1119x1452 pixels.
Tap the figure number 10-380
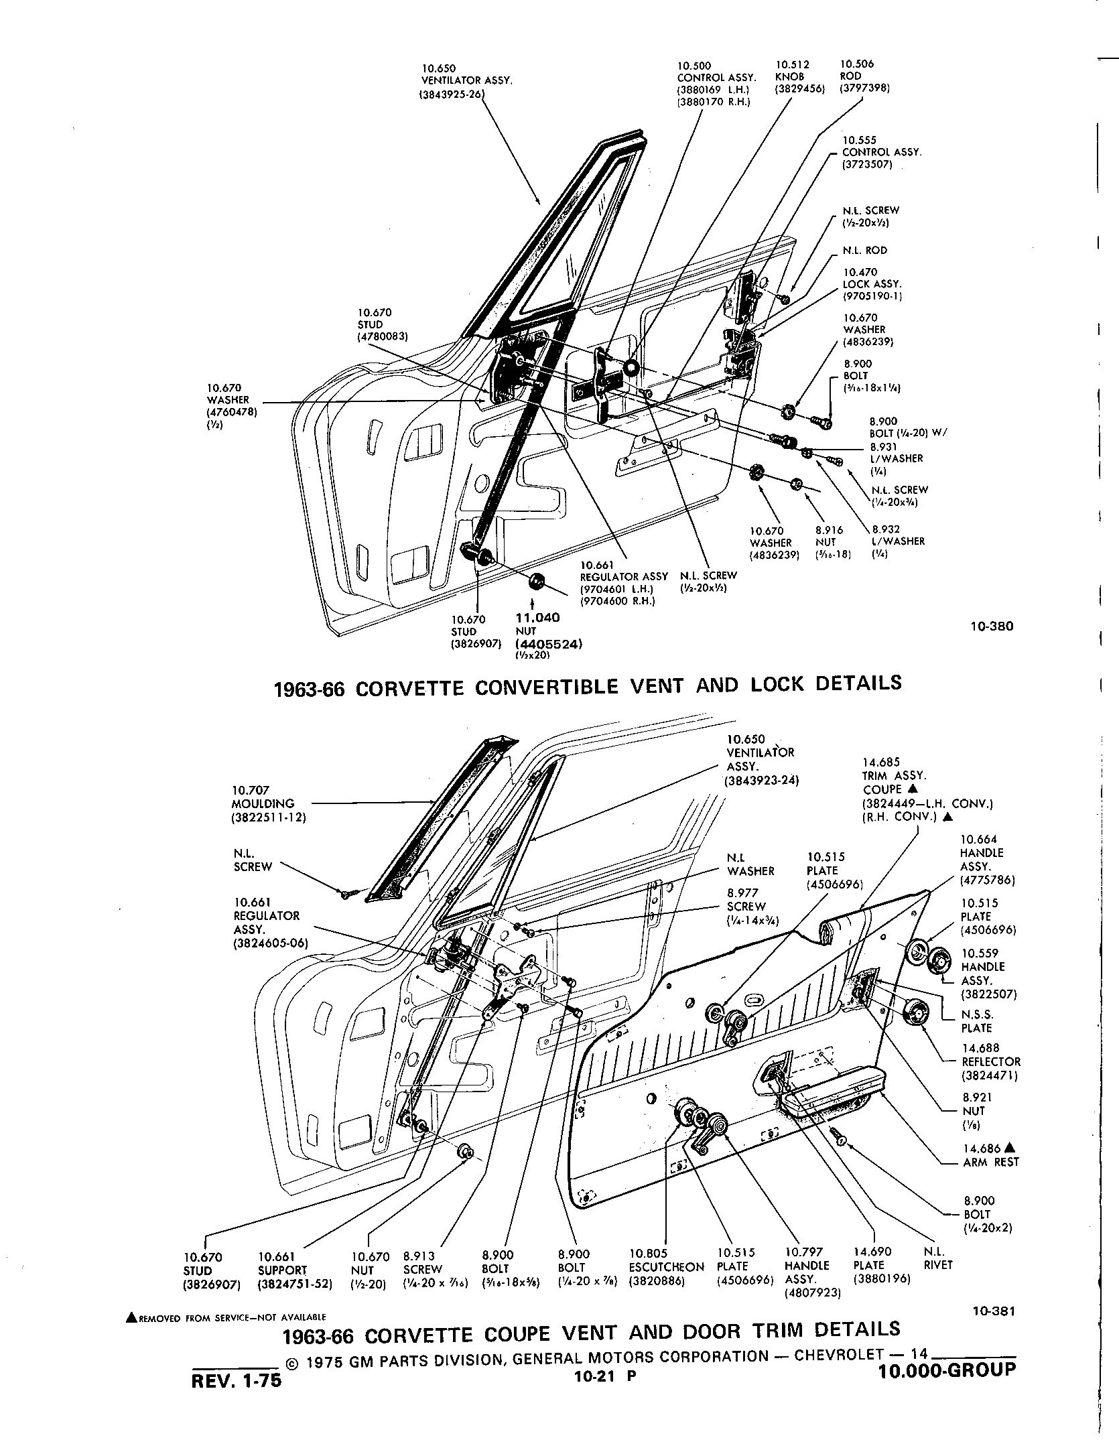pyautogui.click(x=992, y=626)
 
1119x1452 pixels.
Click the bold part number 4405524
pyautogui.click(x=549, y=644)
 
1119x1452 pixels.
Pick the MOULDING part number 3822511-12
pyautogui.click(x=269, y=817)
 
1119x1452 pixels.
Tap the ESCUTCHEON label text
pyautogui.click(x=667, y=1267)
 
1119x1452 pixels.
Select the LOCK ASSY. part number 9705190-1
pyautogui.click(x=873, y=295)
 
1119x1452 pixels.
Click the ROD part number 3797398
pyautogui.click(x=865, y=88)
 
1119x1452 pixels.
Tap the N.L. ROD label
pyautogui.click(x=864, y=251)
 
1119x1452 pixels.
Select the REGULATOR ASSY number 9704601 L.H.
pyautogui.click(x=616, y=589)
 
